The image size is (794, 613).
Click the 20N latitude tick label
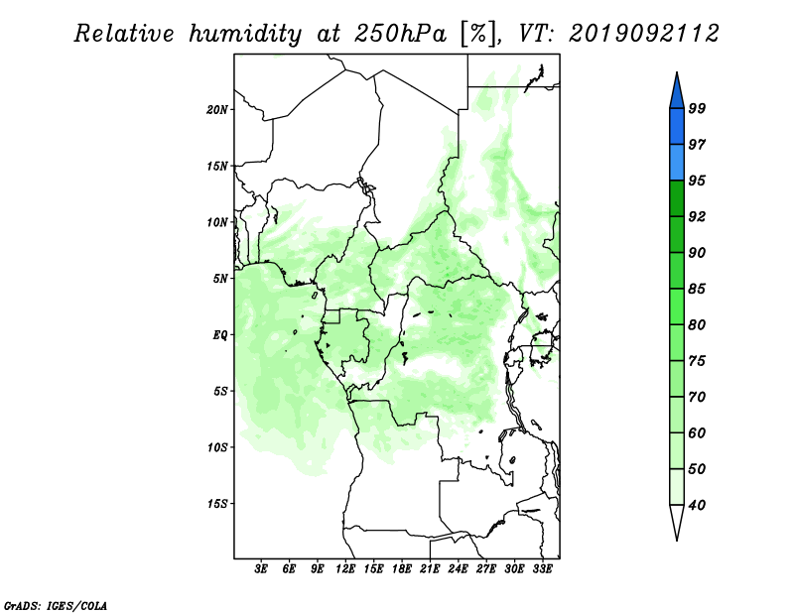[x=217, y=110]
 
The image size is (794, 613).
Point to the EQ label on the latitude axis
[x=220, y=335]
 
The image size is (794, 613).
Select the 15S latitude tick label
[x=217, y=504]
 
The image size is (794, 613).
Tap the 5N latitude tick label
[x=220, y=279]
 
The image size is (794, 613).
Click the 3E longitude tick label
[x=261, y=568]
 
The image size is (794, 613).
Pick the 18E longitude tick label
[x=402, y=568]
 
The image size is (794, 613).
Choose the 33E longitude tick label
[x=542, y=568]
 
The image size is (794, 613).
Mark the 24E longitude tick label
[x=458, y=568]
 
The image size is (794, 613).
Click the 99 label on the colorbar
[x=697, y=108]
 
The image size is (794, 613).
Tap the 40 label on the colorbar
[x=697, y=505]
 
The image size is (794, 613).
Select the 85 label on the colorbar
[x=697, y=289]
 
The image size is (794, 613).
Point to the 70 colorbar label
[x=697, y=397]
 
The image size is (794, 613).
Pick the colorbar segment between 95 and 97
[x=677, y=163]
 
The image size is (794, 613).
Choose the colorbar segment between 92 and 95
[x=677, y=198]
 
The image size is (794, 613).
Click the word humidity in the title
[x=245, y=34]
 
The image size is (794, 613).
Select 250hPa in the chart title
[x=400, y=34]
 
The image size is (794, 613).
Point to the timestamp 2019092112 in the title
[x=644, y=34]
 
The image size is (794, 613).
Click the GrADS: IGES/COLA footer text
[x=56, y=605]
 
